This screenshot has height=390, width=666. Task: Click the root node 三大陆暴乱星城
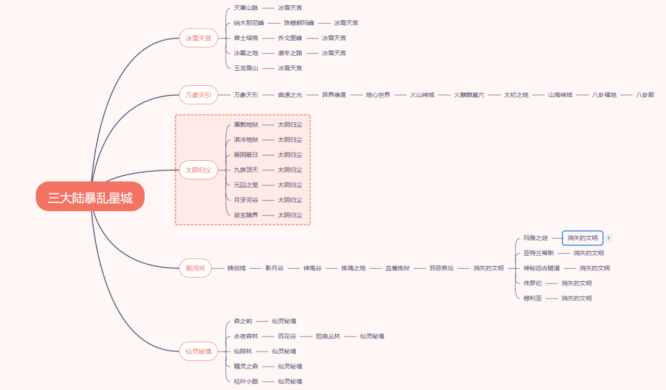(90, 197)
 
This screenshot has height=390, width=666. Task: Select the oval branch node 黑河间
(195, 268)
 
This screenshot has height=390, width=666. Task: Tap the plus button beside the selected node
(609, 238)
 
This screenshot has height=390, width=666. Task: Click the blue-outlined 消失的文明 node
(582, 238)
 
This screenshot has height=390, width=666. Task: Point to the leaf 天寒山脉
(246, 8)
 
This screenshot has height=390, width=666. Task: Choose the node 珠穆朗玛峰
(299, 23)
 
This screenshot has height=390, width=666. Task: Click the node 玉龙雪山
(246, 68)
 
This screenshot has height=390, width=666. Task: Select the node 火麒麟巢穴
(469, 95)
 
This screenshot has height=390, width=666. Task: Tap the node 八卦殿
(645, 95)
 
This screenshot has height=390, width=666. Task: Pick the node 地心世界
(378, 95)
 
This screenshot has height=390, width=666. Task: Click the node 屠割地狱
(246, 125)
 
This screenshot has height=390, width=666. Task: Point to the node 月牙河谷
(246, 200)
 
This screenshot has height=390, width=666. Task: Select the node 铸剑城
(236, 268)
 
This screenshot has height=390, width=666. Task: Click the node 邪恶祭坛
(441, 268)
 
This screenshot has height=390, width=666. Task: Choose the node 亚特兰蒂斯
(539, 253)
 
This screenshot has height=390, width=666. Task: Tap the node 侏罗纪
(532, 283)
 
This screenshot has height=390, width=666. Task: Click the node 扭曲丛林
(328, 336)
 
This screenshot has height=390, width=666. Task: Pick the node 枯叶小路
(246, 382)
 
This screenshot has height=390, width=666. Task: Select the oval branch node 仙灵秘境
(198, 352)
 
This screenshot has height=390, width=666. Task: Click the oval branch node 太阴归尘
(198, 170)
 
